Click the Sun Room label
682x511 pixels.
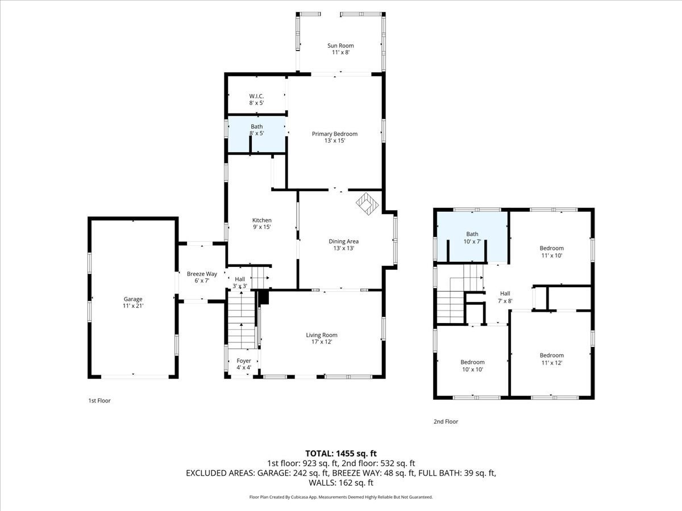coord(340,49)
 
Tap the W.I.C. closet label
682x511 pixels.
coord(256,99)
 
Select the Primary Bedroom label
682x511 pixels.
coord(335,137)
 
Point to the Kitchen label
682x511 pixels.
coord(262,224)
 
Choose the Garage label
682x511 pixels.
coord(134,303)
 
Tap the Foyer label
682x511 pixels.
coord(244,364)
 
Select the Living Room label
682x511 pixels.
coord(322,338)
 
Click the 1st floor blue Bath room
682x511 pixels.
coord(256,134)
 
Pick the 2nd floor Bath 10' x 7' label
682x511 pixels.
coord(472,237)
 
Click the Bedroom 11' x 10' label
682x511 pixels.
coord(551,252)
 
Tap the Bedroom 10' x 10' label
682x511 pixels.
coord(472,366)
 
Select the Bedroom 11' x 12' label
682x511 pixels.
coord(551,359)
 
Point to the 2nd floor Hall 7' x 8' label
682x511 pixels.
coord(505,297)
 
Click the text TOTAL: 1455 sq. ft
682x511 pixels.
coord(341,453)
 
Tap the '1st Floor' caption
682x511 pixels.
coord(99,401)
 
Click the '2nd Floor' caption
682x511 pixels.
coord(446,422)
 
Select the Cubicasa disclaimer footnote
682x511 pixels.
coord(341,497)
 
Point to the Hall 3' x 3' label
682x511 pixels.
coord(240,282)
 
